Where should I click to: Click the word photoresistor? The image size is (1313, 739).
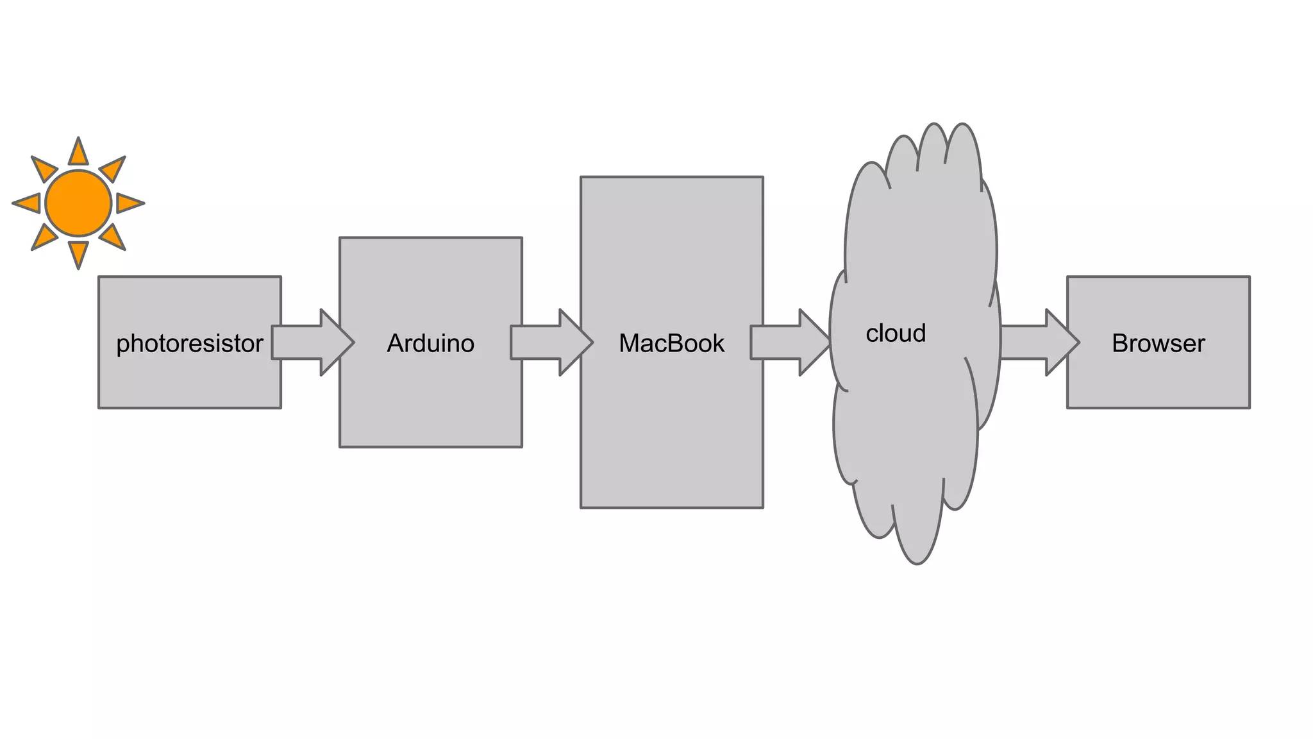point(189,344)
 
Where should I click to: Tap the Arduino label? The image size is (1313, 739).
point(430,344)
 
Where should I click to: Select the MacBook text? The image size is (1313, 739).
point(671,344)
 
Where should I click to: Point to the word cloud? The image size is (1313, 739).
point(896,334)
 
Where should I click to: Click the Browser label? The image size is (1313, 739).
point(1158,344)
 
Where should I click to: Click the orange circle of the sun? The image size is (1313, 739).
point(78,203)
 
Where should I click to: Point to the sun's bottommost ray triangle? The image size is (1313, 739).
point(78,253)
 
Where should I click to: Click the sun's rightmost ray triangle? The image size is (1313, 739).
point(128,203)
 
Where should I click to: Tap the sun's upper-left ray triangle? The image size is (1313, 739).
point(44,169)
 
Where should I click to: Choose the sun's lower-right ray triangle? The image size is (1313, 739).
point(113,237)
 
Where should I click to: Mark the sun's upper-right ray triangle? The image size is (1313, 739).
point(113,169)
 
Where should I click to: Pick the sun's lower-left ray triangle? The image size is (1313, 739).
point(44,237)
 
